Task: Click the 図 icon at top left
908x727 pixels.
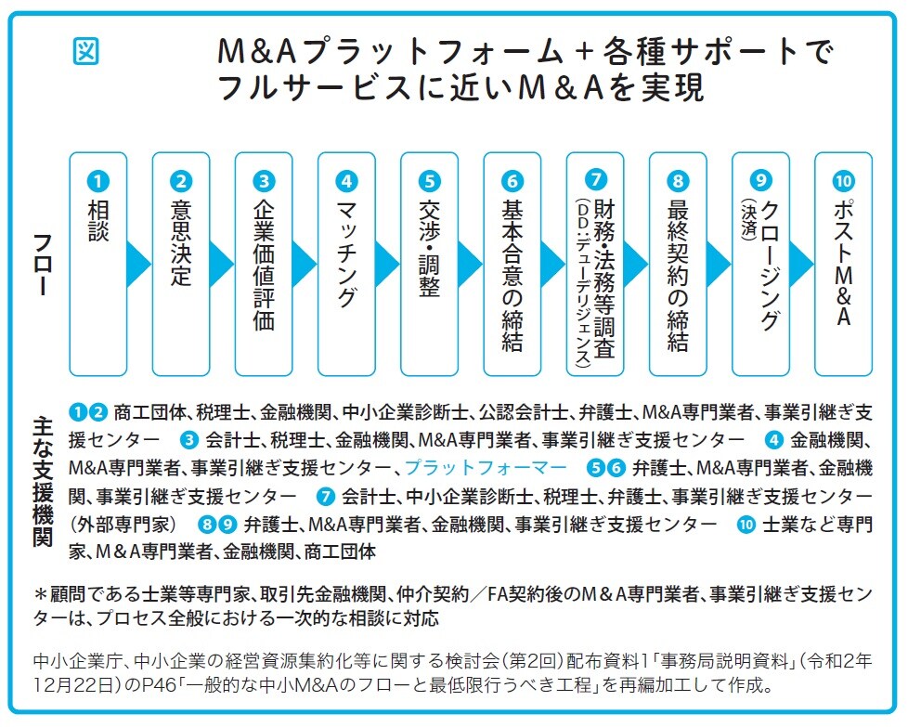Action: point(85,52)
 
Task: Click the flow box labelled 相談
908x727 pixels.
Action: point(98,264)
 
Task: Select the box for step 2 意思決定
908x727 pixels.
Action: point(181,264)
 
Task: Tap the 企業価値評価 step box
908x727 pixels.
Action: point(264,264)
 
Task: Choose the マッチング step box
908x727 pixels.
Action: point(346,264)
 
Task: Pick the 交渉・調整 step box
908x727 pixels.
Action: point(429,264)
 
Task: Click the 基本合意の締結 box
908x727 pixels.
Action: point(512,264)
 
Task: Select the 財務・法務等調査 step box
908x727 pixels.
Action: point(595,264)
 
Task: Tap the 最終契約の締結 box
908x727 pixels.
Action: point(678,264)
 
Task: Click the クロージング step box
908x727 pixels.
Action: point(760,264)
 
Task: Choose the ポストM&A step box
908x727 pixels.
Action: point(843,264)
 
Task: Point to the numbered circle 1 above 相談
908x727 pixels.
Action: point(98,180)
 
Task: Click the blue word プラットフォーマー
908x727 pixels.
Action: point(486,467)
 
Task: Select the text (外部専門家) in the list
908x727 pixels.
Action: point(124,524)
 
